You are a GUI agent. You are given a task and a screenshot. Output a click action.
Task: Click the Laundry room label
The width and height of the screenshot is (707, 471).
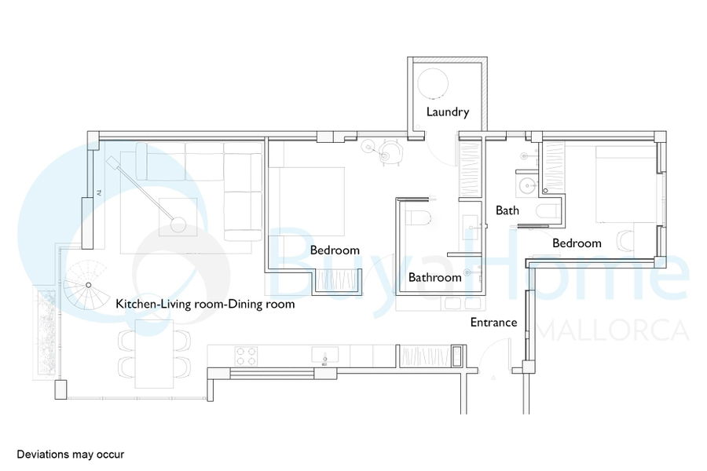(448, 111)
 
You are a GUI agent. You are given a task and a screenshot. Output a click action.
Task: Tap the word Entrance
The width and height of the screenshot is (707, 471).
(493, 323)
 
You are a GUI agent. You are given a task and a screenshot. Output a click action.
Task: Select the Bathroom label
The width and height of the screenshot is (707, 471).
(434, 277)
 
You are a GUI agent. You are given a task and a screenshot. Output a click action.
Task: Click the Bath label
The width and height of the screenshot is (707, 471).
(507, 210)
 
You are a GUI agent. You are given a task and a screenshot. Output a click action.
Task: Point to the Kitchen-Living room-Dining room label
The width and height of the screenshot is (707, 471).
(205, 304)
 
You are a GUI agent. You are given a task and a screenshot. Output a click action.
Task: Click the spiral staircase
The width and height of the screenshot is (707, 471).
(86, 288)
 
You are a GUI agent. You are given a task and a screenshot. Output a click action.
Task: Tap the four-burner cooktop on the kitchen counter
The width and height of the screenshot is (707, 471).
(246, 356)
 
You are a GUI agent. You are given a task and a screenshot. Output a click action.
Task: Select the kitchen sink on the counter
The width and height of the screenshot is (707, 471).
(324, 355)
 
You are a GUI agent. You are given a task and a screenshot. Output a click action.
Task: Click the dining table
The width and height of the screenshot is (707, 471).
(154, 354)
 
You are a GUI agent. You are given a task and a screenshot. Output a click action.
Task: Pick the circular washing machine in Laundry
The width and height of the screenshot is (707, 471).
(433, 83)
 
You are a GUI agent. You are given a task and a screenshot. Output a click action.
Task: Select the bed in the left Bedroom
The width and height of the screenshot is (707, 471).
(306, 202)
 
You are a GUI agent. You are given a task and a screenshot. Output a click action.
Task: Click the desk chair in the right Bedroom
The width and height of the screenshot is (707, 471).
(625, 240)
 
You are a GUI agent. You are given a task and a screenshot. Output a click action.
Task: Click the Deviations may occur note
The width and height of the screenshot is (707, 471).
(71, 455)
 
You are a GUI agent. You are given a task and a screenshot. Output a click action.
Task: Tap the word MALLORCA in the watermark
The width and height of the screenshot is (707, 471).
(613, 331)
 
